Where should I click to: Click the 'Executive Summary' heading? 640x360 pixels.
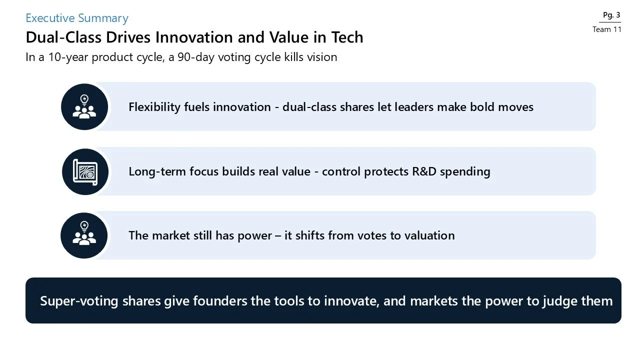[x=77, y=18]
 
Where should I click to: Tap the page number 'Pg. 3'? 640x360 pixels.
[x=611, y=15]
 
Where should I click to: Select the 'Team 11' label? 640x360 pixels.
[x=607, y=29]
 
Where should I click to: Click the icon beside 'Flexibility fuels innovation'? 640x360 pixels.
[x=84, y=107]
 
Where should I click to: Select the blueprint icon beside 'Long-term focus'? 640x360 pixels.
[x=85, y=171]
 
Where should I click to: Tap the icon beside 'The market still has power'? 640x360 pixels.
[x=84, y=235]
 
